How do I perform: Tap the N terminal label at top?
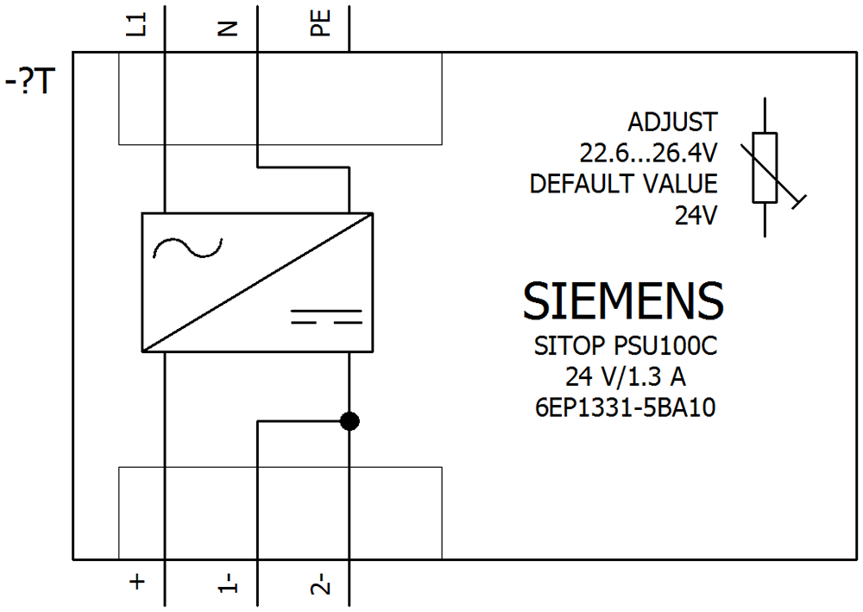[227, 28]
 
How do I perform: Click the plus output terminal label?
[136, 583]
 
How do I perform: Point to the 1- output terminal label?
[228, 584]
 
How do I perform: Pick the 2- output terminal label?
[320, 584]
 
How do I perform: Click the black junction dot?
[350, 421]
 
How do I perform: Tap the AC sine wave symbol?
[187, 249]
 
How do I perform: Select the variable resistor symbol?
[765, 167]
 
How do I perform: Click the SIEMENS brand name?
[623, 300]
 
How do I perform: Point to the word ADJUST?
[672, 121]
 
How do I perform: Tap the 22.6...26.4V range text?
[648, 154]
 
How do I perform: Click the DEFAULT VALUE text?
[623, 184]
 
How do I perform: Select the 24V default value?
[696, 216]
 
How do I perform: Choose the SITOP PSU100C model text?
[626, 347]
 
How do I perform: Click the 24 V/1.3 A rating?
[626, 376]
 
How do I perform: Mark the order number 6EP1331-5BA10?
[626, 406]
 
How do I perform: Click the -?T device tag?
[31, 83]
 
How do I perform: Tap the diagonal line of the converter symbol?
[257, 281]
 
